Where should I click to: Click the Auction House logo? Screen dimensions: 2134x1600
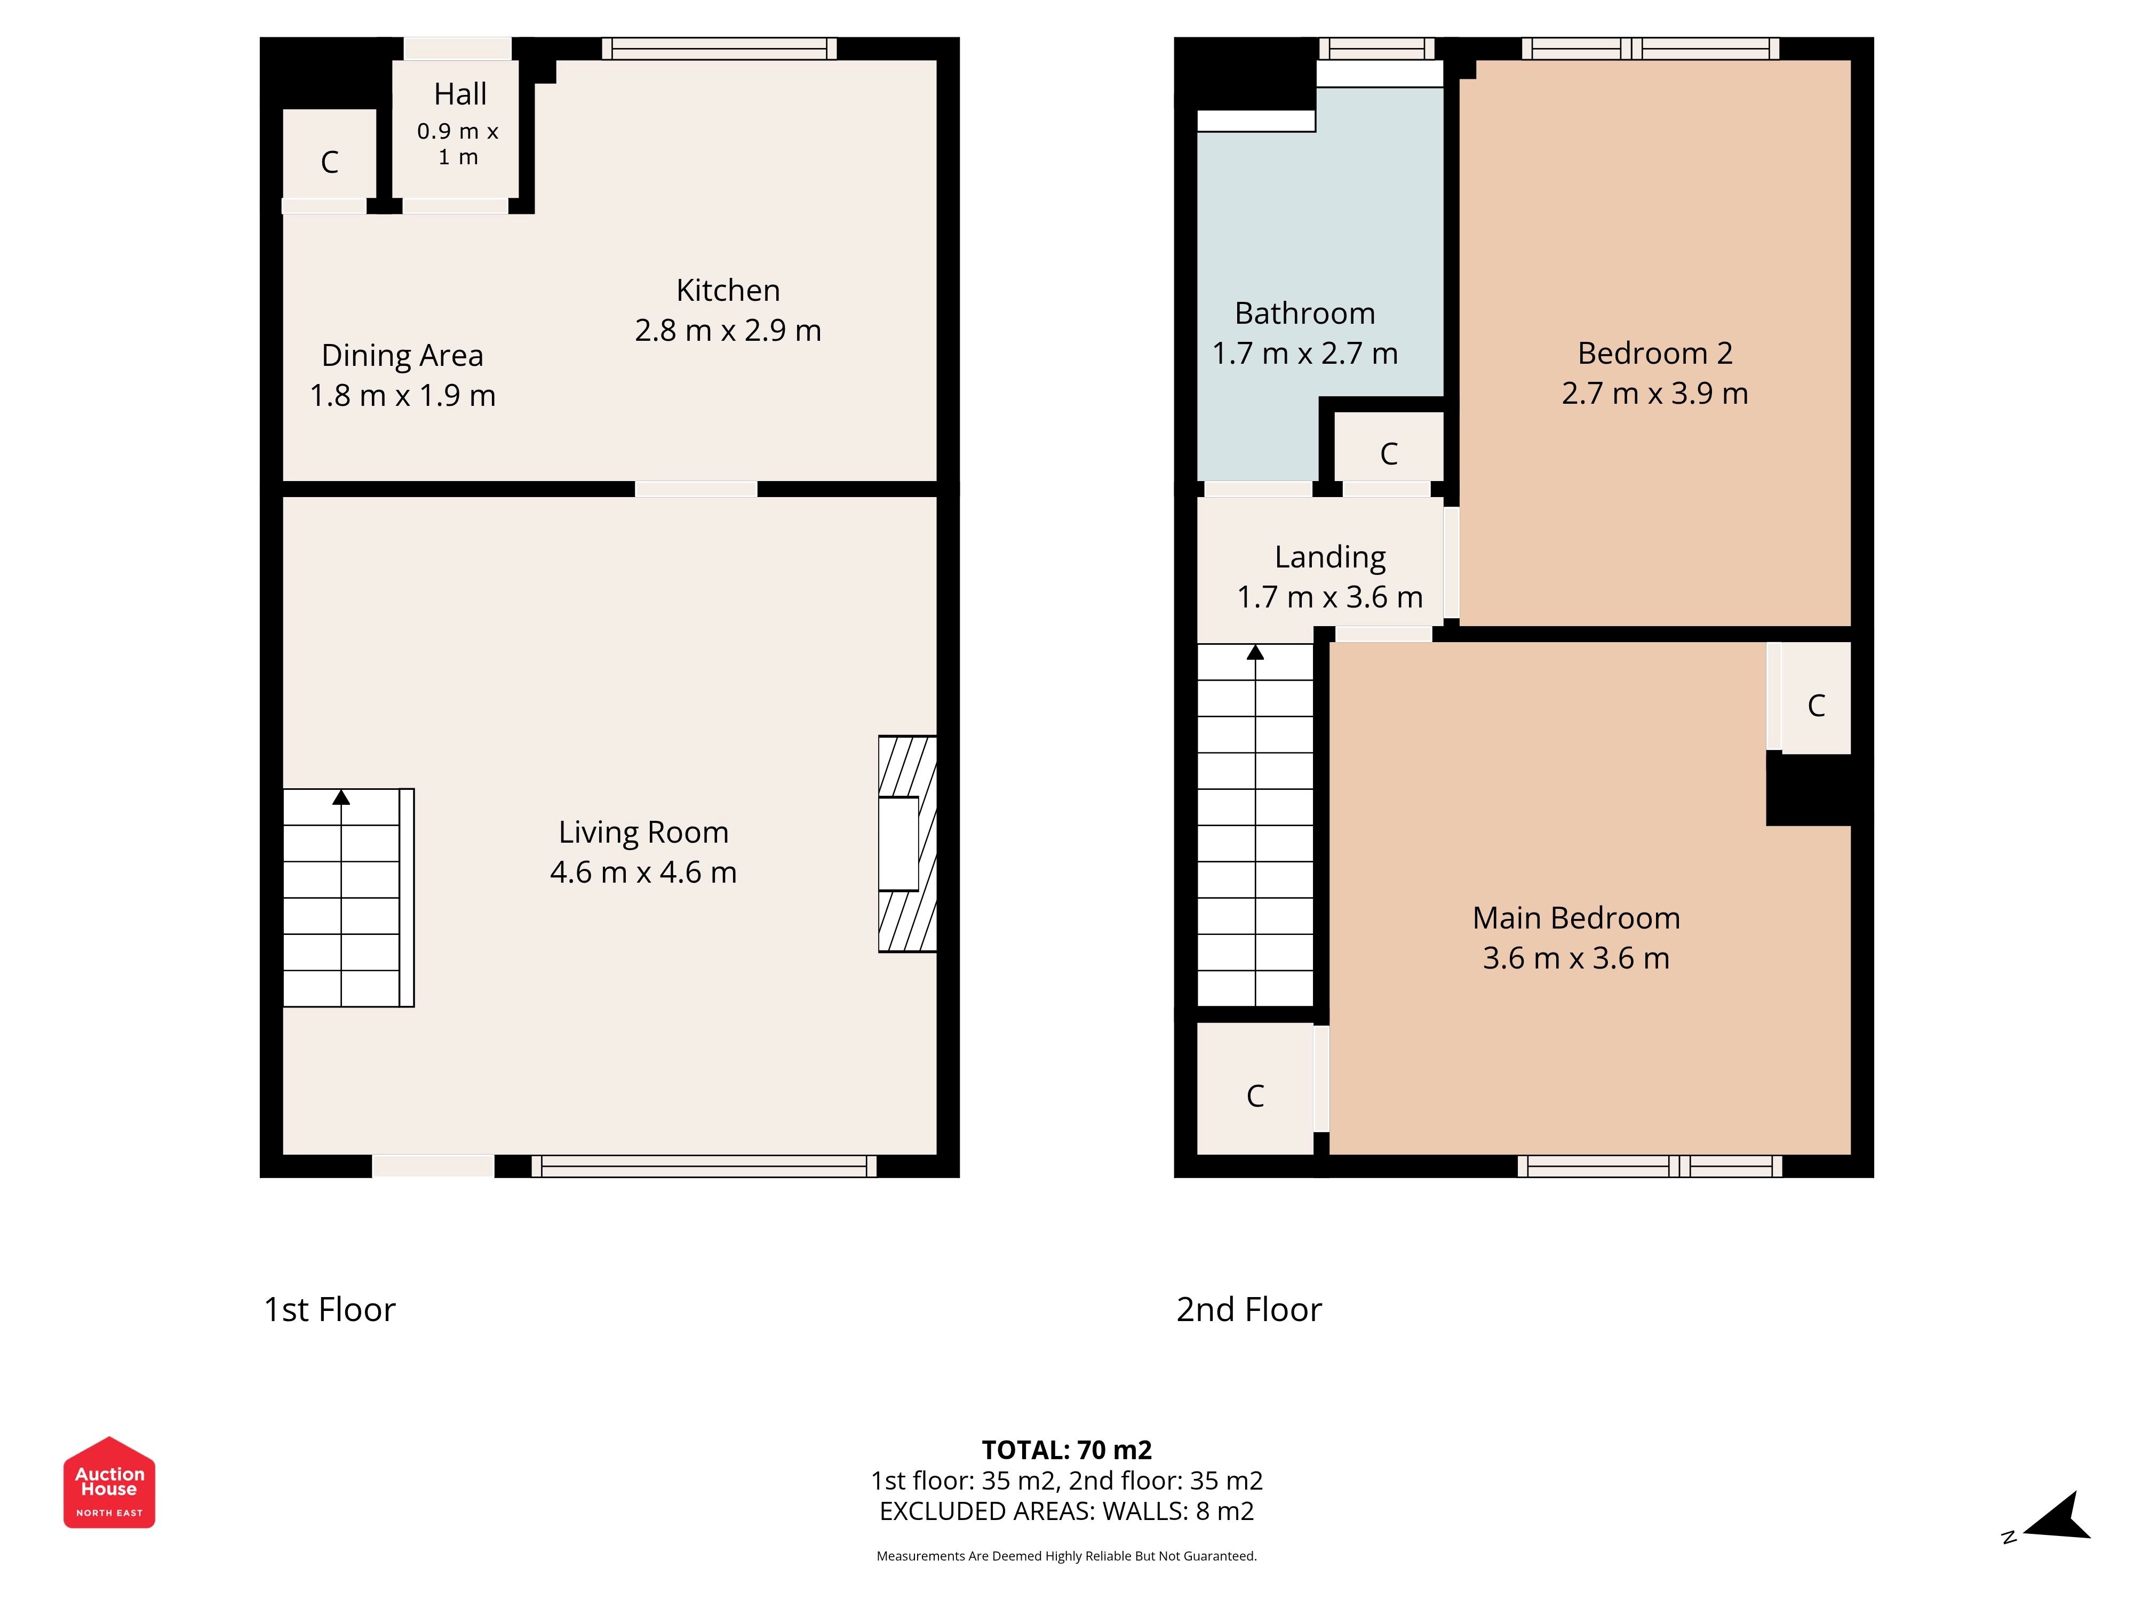[x=109, y=1482]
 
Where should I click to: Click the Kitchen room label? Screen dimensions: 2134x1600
[x=728, y=290]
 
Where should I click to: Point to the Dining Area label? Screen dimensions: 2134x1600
[x=402, y=356]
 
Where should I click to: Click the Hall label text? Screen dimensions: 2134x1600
[x=460, y=94]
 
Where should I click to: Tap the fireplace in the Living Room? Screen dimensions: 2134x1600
[x=907, y=844]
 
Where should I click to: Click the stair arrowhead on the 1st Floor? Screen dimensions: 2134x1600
[x=340, y=797]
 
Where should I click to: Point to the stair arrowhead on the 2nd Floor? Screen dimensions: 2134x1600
[x=1255, y=653]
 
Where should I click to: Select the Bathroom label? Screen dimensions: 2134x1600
[x=1305, y=314]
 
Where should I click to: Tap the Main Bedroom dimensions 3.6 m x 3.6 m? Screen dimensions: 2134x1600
[x=1576, y=958]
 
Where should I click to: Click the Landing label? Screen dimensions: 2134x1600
[x=1331, y=557]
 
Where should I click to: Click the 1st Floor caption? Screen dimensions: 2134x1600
[x=330, y=1310]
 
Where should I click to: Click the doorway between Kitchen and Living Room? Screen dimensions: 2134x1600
[x=696, y=489]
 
